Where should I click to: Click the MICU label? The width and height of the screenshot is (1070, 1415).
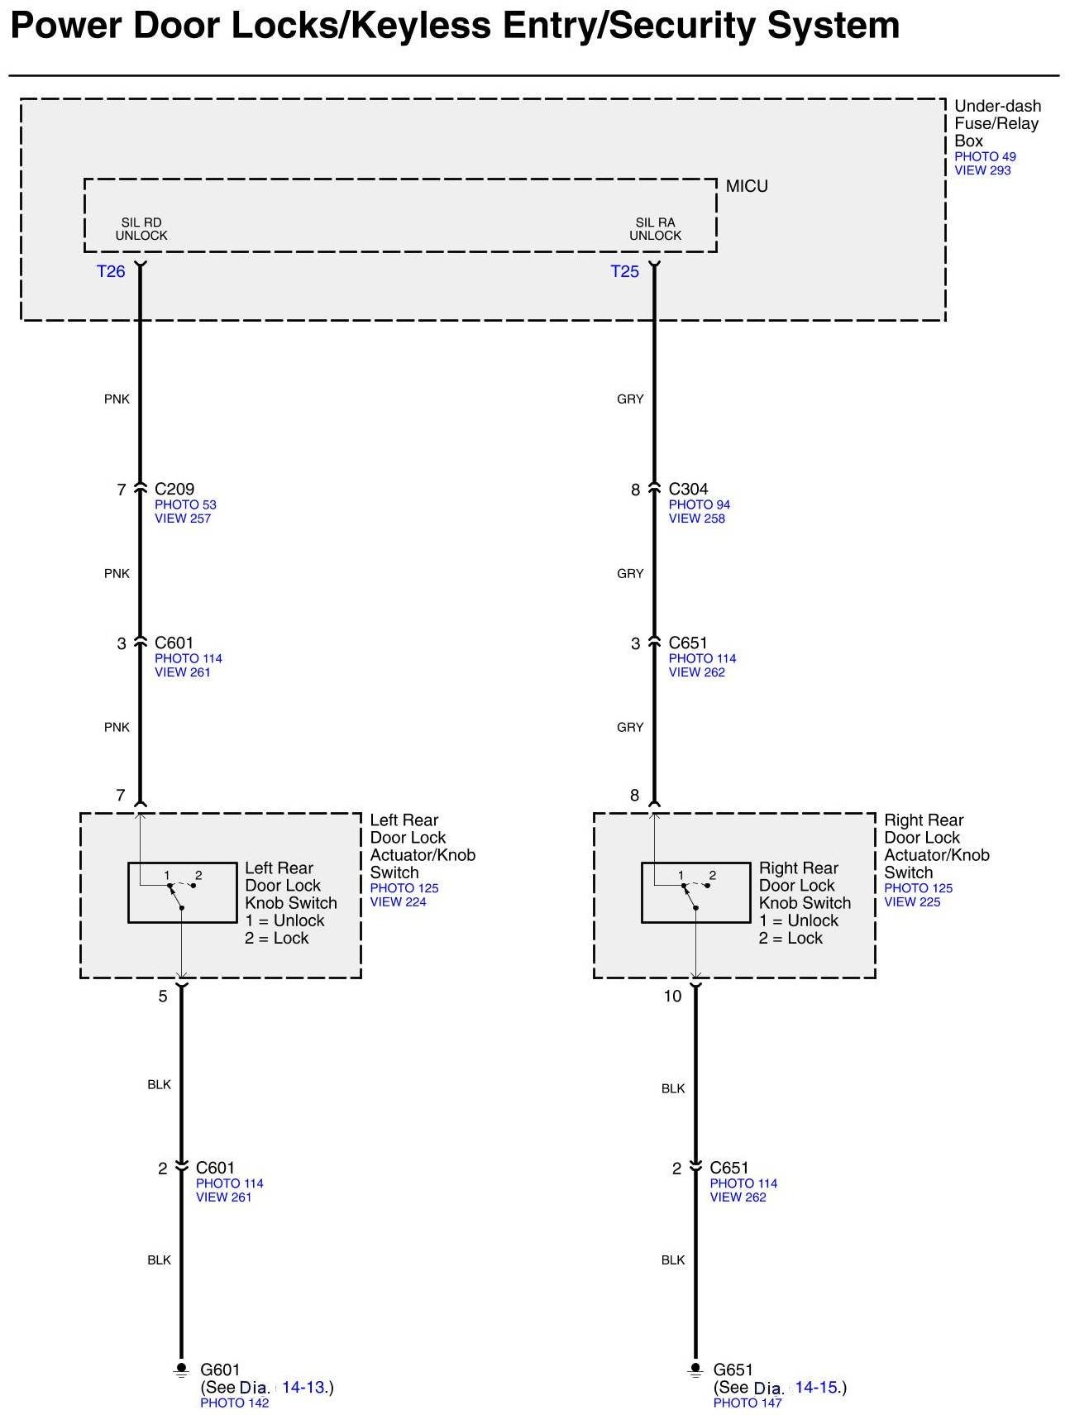(747, 186)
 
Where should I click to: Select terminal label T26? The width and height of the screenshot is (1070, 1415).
(111, 271)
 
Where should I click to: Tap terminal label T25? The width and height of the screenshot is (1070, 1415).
(624, 271)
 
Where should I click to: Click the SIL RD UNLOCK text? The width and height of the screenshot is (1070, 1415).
(141, 229)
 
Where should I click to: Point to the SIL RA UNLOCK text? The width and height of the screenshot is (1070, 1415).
(655, 229)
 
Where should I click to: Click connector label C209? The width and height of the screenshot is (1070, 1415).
(174, 489)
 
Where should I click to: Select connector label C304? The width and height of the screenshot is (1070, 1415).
(688, 489)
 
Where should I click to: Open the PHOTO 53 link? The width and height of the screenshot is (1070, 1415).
(185, 504)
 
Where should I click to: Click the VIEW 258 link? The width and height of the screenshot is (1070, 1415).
(696, 519)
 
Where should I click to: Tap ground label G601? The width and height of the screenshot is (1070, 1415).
(220, 1370)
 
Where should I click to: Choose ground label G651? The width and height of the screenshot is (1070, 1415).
(733, 1370)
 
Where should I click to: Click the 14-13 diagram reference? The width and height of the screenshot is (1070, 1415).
(303, 1387)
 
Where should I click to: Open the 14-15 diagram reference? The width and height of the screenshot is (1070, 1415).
(817, 1387)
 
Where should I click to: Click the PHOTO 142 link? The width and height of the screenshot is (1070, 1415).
(234, 1403)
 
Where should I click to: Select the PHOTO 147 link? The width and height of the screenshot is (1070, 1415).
(748, 1403)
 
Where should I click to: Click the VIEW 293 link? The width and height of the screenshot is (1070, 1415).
(982, 170)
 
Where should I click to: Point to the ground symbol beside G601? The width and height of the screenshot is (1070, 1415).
(181, 1370)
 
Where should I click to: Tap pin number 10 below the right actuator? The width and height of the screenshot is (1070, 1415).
(672, 997)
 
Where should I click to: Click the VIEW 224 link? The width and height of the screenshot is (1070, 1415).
(398, 902)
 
